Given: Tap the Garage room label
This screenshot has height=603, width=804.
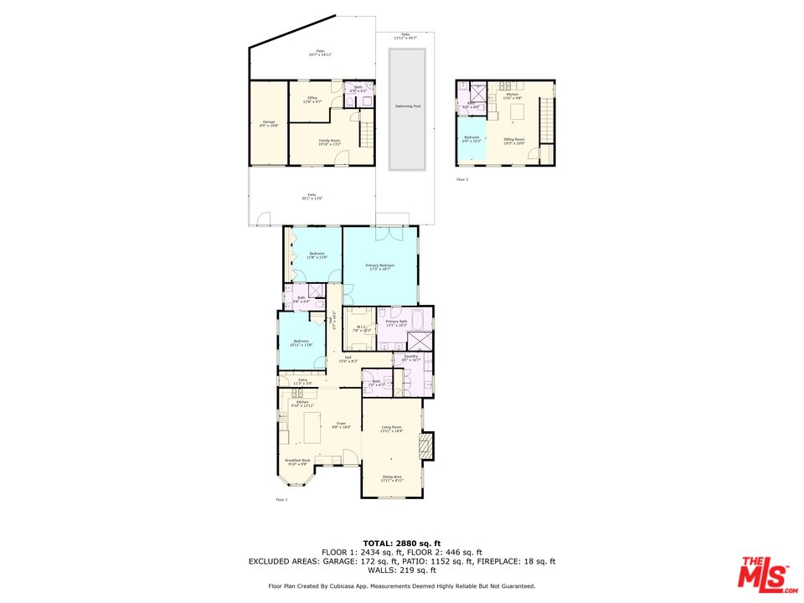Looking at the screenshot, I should point(269,124).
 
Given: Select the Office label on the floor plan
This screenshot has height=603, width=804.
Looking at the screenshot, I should point(312,100).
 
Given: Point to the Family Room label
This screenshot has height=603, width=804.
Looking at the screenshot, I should point(329,142).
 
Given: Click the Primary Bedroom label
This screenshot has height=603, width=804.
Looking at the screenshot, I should point(379,267).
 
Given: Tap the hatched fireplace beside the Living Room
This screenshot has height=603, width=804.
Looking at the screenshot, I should point(427,446).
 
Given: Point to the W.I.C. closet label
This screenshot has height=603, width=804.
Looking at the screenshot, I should point(358,329).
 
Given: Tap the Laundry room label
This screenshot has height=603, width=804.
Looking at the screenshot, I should point(410,358).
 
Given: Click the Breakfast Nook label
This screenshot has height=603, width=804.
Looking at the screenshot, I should point(297,461).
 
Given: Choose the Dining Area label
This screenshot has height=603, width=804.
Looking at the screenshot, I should point(391,478).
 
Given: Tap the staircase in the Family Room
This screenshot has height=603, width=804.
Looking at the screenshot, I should point(366,132).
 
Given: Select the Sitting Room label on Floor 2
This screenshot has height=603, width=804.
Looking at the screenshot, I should point(513,140).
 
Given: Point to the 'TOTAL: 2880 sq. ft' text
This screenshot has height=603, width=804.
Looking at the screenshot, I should point(401,544).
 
